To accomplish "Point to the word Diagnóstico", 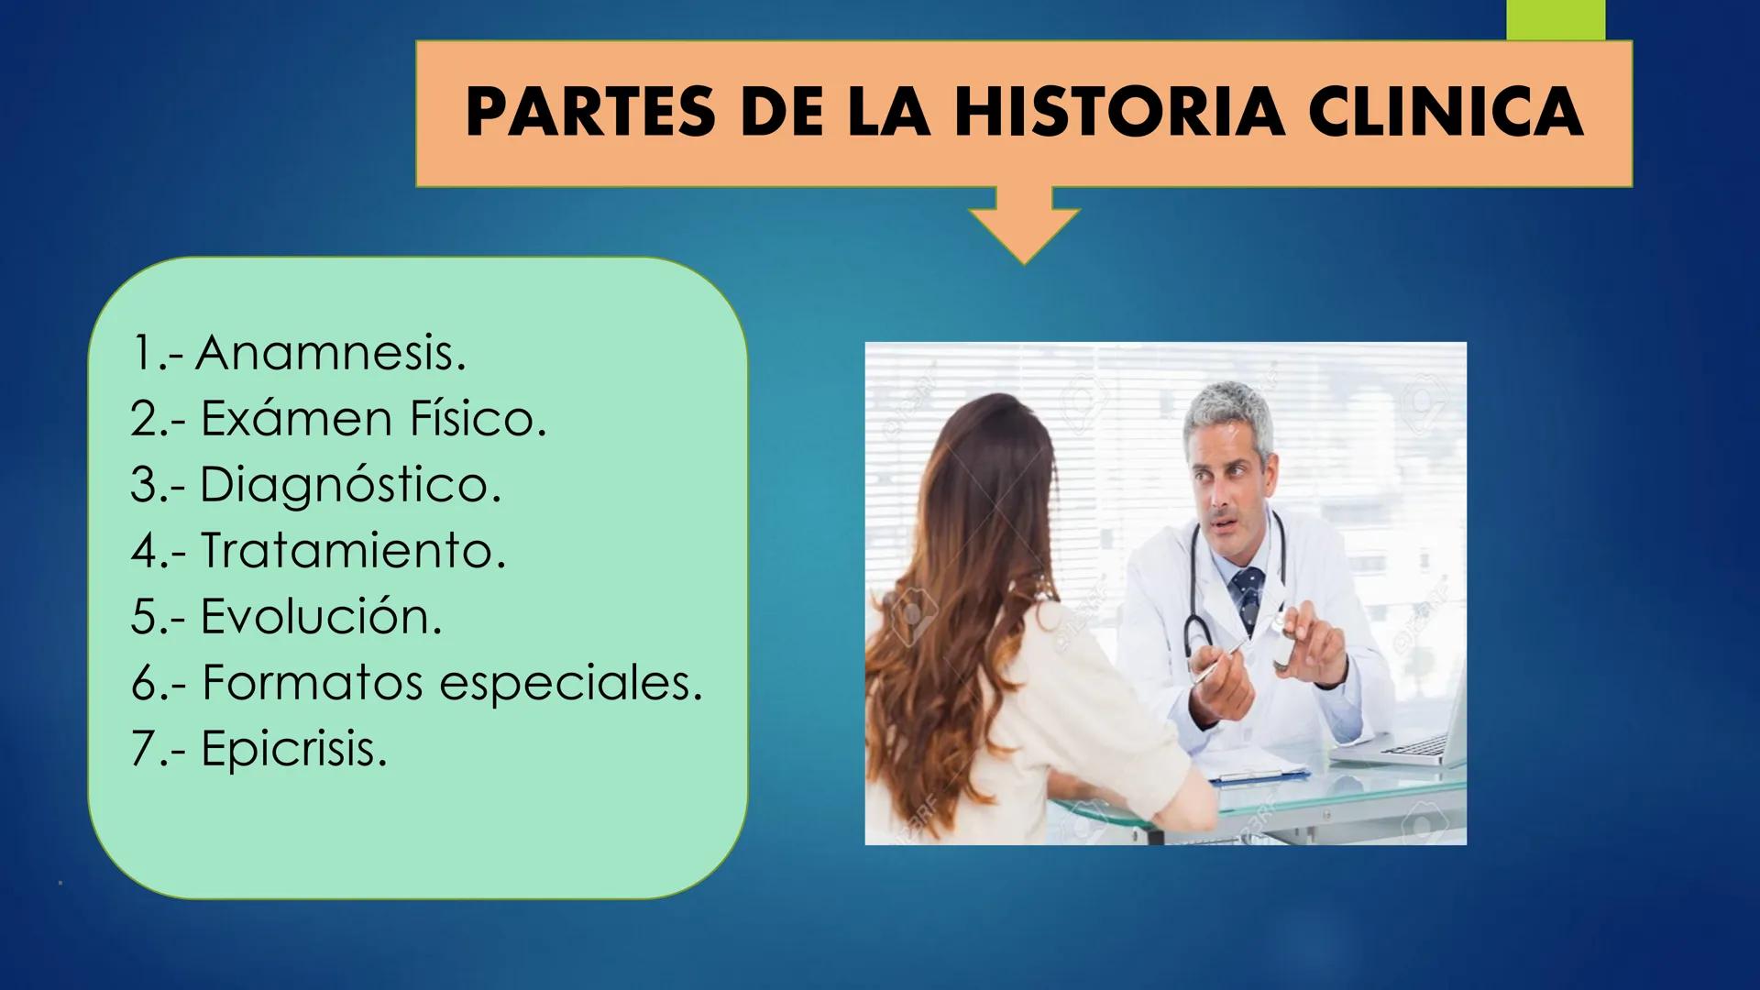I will [350, 485].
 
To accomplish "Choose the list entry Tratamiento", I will [353, 551].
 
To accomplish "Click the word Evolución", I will [321, 617].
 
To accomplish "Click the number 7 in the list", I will [145, 749].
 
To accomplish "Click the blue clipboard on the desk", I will [1260, 775].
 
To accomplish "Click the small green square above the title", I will [1556, 19].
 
